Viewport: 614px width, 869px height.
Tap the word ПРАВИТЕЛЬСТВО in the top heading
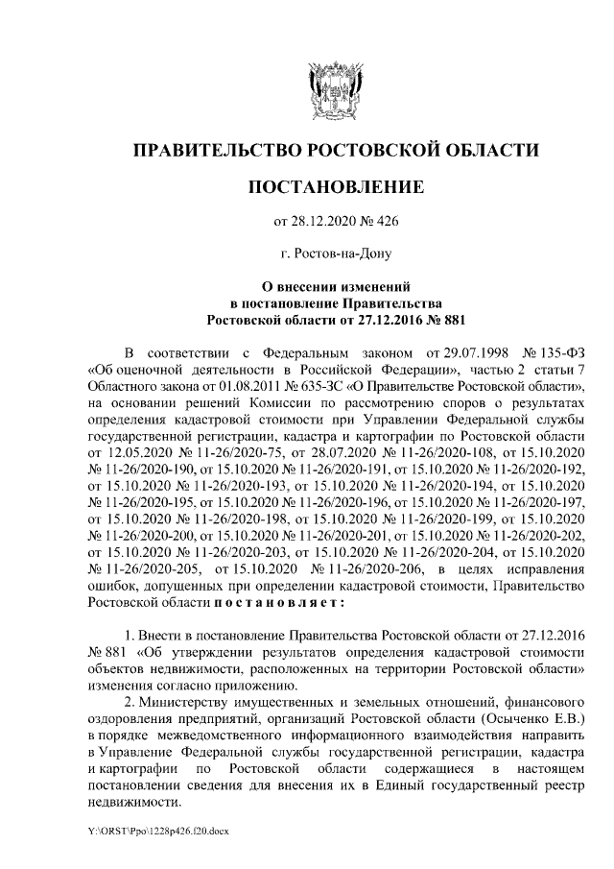[213, 149]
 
